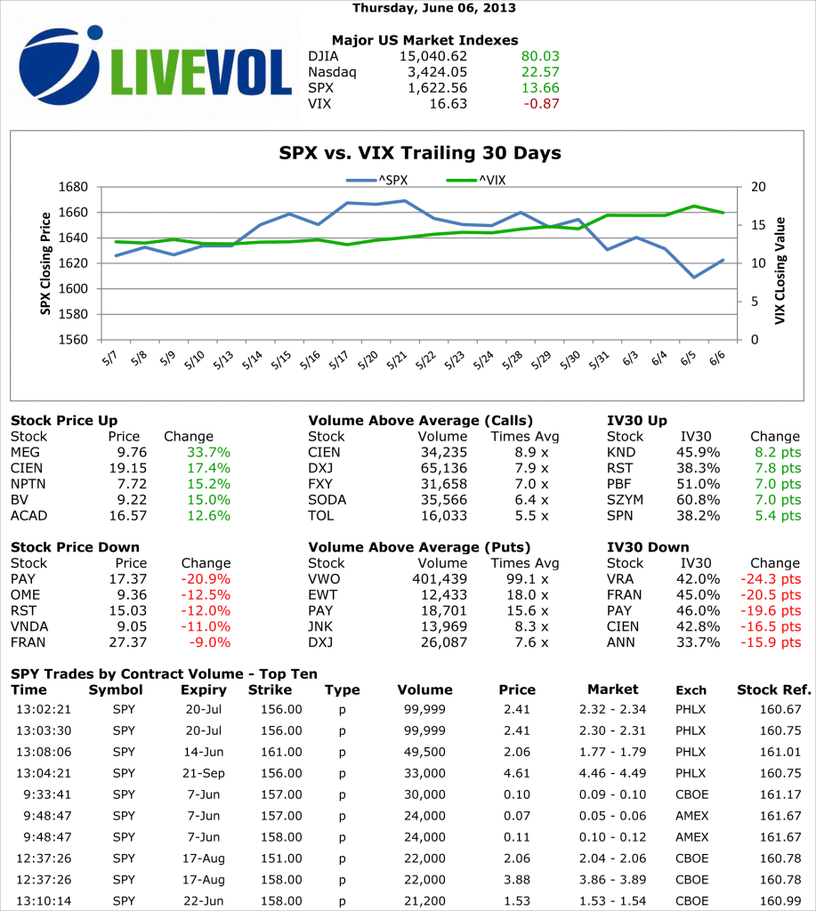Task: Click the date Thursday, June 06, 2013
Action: (433, 8)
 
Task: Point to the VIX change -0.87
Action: (543, 104)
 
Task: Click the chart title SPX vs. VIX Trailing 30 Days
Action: (420, 153)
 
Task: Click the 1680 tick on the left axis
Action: (76, 187)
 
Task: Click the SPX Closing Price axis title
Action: (45, 263)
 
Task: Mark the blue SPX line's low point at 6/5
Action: (694, 278)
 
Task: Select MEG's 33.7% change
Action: (208, 452)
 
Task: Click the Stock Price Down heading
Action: (75, 547)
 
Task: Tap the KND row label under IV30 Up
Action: (620, 452)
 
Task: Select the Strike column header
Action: (270, 689)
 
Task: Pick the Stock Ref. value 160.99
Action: (781, 900)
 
